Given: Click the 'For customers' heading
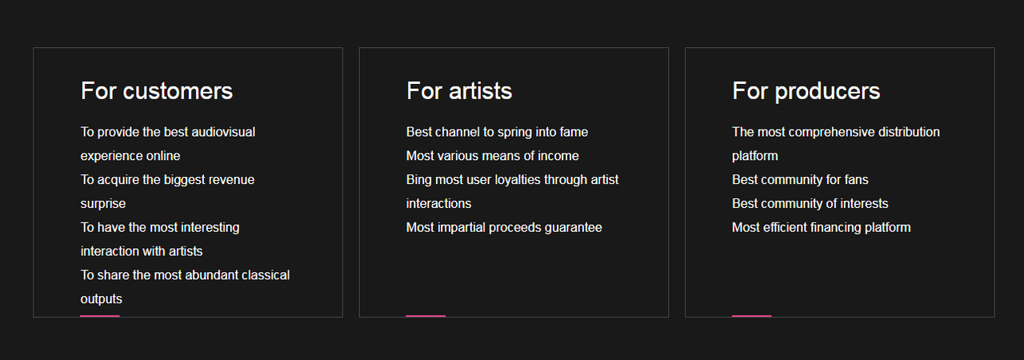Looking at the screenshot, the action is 157,91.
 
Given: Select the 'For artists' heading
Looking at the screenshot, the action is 459,91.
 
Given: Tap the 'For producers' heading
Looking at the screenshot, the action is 806,92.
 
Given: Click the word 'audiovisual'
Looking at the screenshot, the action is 223,132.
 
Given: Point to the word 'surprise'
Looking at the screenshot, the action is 103,204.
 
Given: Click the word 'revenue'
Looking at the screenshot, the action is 231,180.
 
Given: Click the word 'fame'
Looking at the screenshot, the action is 574,132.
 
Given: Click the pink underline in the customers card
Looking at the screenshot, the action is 100,316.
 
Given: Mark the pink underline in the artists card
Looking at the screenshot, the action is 426,316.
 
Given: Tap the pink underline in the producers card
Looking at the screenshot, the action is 751,316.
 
